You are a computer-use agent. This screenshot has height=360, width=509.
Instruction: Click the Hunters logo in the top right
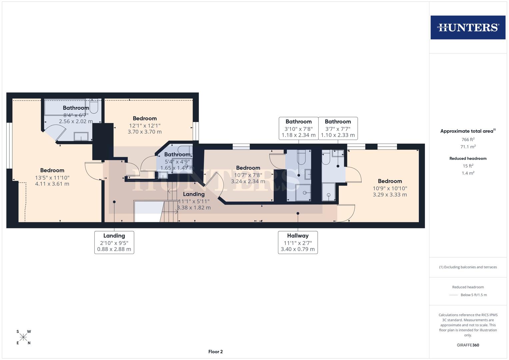(x=468, y=27)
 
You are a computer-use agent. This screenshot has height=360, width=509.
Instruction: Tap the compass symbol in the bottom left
(x=23, y=337)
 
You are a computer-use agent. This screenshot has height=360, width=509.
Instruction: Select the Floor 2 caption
(x=215, y=352)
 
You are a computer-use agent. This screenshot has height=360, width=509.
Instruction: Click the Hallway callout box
(x=298, y=242)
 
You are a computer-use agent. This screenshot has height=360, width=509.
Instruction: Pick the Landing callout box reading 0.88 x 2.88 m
(x=114, y=242)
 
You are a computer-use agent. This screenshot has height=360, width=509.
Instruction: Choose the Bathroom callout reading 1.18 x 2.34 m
(x=298, y=128)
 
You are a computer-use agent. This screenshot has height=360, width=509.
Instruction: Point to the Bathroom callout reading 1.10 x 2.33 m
(x=338, y=128)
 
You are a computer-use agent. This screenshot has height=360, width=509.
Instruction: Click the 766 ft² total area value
(x=468, y=139)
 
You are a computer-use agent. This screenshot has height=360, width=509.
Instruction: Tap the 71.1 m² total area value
(x=468, y=147)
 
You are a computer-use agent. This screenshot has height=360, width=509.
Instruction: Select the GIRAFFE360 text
(x=468, y=345)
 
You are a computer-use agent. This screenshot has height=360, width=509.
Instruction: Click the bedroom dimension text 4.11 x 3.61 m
(x=52, y=184)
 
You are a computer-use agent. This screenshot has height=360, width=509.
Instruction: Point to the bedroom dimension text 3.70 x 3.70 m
(x=145, y=132)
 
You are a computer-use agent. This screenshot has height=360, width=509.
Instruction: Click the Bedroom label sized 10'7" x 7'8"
(x=248, y=168)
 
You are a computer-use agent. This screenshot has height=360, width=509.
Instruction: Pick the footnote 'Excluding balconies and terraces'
(x=468, y=267)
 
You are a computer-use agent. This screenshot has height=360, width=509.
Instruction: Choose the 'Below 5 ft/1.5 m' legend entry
(x=473, y=295)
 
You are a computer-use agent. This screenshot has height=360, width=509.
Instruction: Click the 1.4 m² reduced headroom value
(x=468, y=173)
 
